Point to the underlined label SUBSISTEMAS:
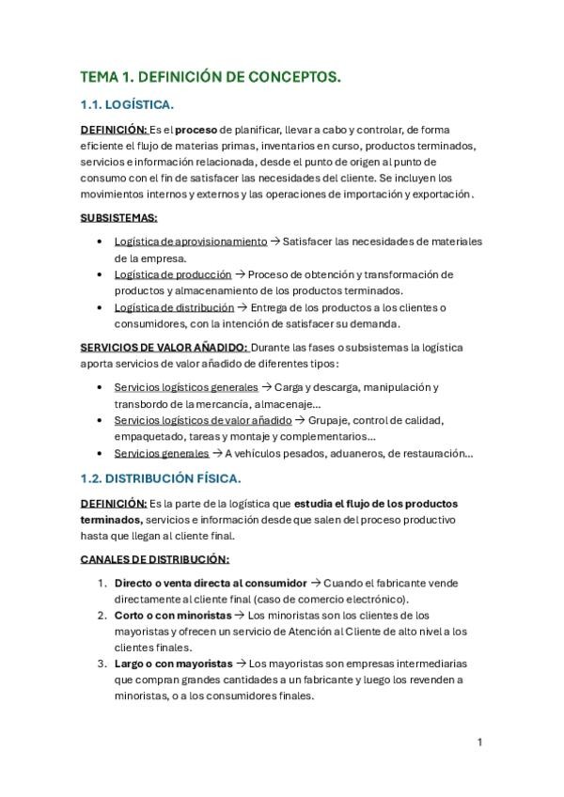(118, 217)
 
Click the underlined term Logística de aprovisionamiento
(191, 242)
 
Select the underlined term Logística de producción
(173, 274)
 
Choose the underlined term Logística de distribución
(174, 307)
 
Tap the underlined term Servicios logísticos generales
(186, 387)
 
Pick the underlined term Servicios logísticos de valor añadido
(203, 420)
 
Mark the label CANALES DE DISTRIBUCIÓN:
(154, 558)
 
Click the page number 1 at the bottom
(480, 742)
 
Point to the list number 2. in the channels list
(103, 616)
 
